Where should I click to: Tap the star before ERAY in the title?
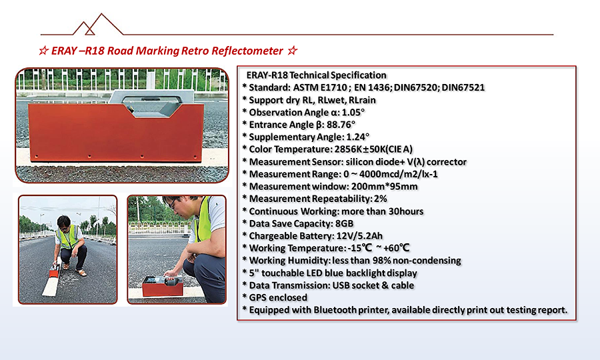point(43,51)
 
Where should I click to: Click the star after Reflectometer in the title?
point(293,51)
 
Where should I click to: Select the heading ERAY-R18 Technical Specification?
point(316,75)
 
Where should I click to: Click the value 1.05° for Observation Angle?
point(353,113)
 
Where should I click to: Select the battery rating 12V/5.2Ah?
point(359,236)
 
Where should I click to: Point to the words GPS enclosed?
point(278,297)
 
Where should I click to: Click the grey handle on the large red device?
point(152,103)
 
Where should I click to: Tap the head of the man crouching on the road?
point(63,222)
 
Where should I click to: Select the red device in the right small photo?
point(163,286)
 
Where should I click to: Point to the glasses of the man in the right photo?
point(173,203)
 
